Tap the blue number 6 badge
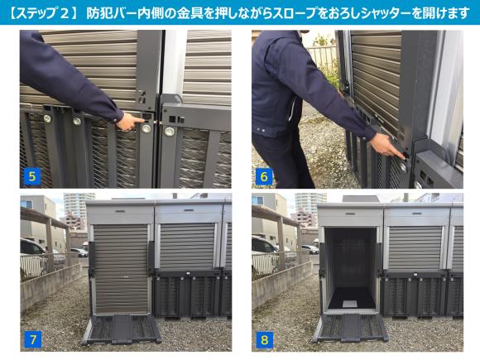(263, 176)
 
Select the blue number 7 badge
(32, 339)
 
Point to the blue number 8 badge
(264, 339)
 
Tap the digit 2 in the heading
(65, 14)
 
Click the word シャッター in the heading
(382, 13)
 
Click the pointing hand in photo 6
(388, 146)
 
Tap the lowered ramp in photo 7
(121, 329)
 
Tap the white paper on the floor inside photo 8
(349, 304)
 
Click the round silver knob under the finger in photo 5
(146, 128)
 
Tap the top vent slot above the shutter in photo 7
(120, 211)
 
